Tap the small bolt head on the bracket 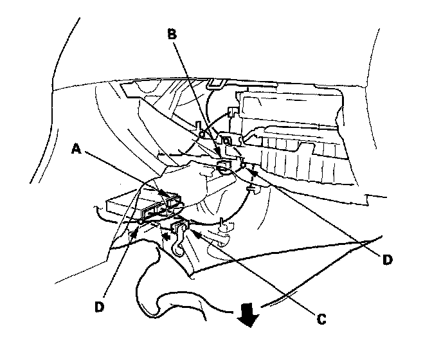coord(226,139)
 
